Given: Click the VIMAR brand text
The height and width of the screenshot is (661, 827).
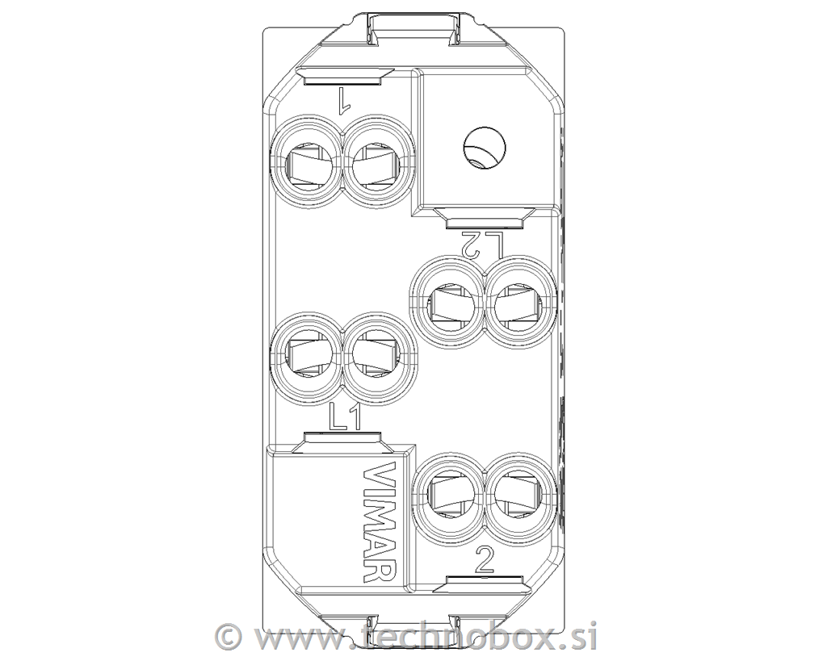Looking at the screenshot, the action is point(380,522).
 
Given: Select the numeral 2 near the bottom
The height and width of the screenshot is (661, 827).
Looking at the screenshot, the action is point(484,560).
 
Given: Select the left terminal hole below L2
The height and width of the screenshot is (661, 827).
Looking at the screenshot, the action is point(449,303).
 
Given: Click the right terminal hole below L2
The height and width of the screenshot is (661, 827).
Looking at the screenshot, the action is point(518,303).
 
